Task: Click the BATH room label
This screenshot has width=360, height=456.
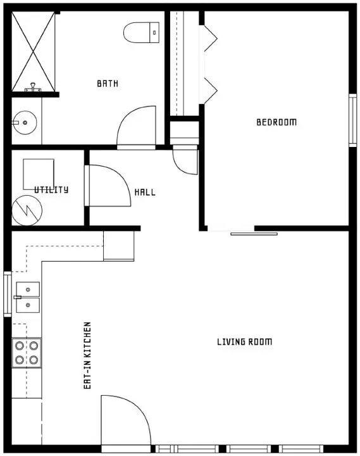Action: pyautogui.click(x=108, y=84)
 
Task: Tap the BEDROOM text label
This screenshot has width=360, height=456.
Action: pyautogui.click(x=276, y=122)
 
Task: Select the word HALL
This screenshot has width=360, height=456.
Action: pyautogui.click(x=145, y=193)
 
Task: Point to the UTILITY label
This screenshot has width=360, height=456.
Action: pyautogui.click(x=51, y=189)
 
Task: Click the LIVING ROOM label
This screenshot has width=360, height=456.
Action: pyautogui.click(x=244, y=342)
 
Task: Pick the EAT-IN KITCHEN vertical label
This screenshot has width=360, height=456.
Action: pyautogui.click(x=87, y=355)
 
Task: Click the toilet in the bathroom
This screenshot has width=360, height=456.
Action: pyautogui.click(x=141, y=32)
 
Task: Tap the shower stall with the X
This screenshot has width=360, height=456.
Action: pyautogui.click(x=34, y=52)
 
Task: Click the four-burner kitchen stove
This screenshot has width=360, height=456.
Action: pyautogui.click(x=27, y=353)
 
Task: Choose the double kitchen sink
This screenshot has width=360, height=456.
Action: pyautogui.click(x=27, y=297)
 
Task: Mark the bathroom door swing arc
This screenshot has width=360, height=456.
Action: pyautogui.click(x=137, y=127)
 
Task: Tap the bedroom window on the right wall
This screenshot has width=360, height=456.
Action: pyautogui.click(x=352, y=120)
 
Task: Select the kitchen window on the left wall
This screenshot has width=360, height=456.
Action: pyautogui.click(x=7, y=294)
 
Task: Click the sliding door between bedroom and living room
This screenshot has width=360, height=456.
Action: pyautogui.click(x=253, y=234)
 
